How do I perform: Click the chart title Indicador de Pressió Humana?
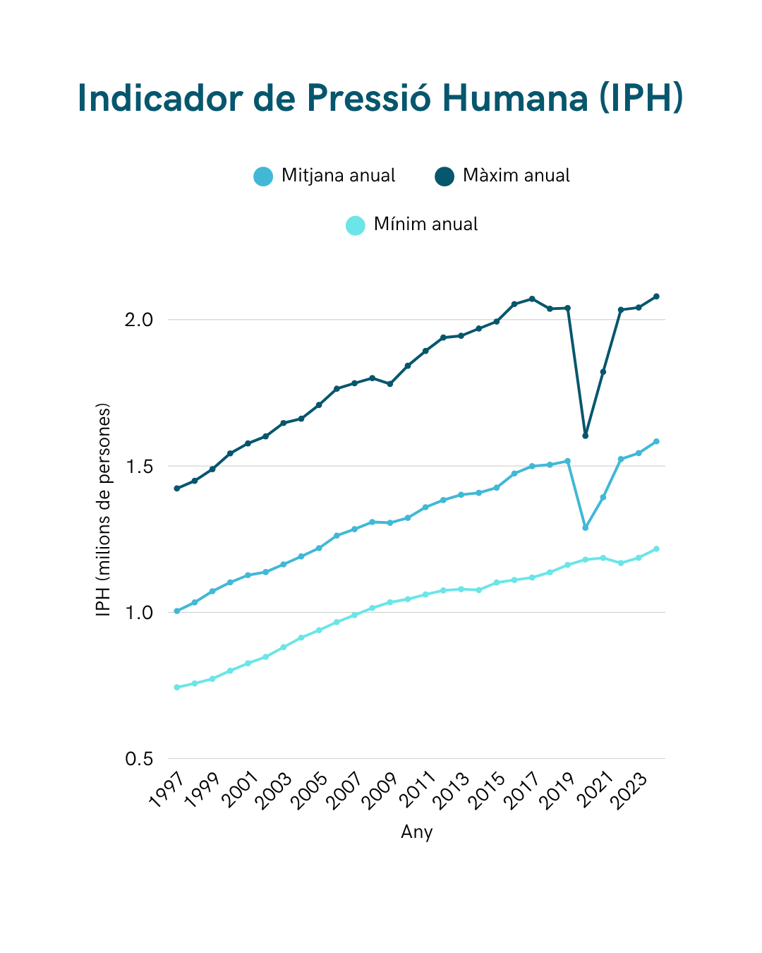[380, 97]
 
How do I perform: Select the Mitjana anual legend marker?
[263, 176]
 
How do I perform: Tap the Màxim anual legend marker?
[445, 176]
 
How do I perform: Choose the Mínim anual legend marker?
[356, 225]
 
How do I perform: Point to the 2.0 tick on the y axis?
[139, 320]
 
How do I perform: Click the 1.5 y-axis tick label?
[139, 467]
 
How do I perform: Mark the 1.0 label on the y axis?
[139, 613]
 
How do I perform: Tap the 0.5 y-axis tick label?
[139, 759]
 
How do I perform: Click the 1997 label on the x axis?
[167, 789]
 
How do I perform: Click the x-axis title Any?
[416, 832]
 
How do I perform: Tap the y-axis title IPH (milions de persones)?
[104, 510]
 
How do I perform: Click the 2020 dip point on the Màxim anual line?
[586, 436]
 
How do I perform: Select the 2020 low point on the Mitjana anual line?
[586, 527]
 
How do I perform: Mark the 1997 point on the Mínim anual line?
[176, 687]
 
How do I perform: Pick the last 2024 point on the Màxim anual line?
[656, 296]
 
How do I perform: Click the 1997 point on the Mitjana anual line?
[176, 611]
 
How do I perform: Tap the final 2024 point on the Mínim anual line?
[656, 549]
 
